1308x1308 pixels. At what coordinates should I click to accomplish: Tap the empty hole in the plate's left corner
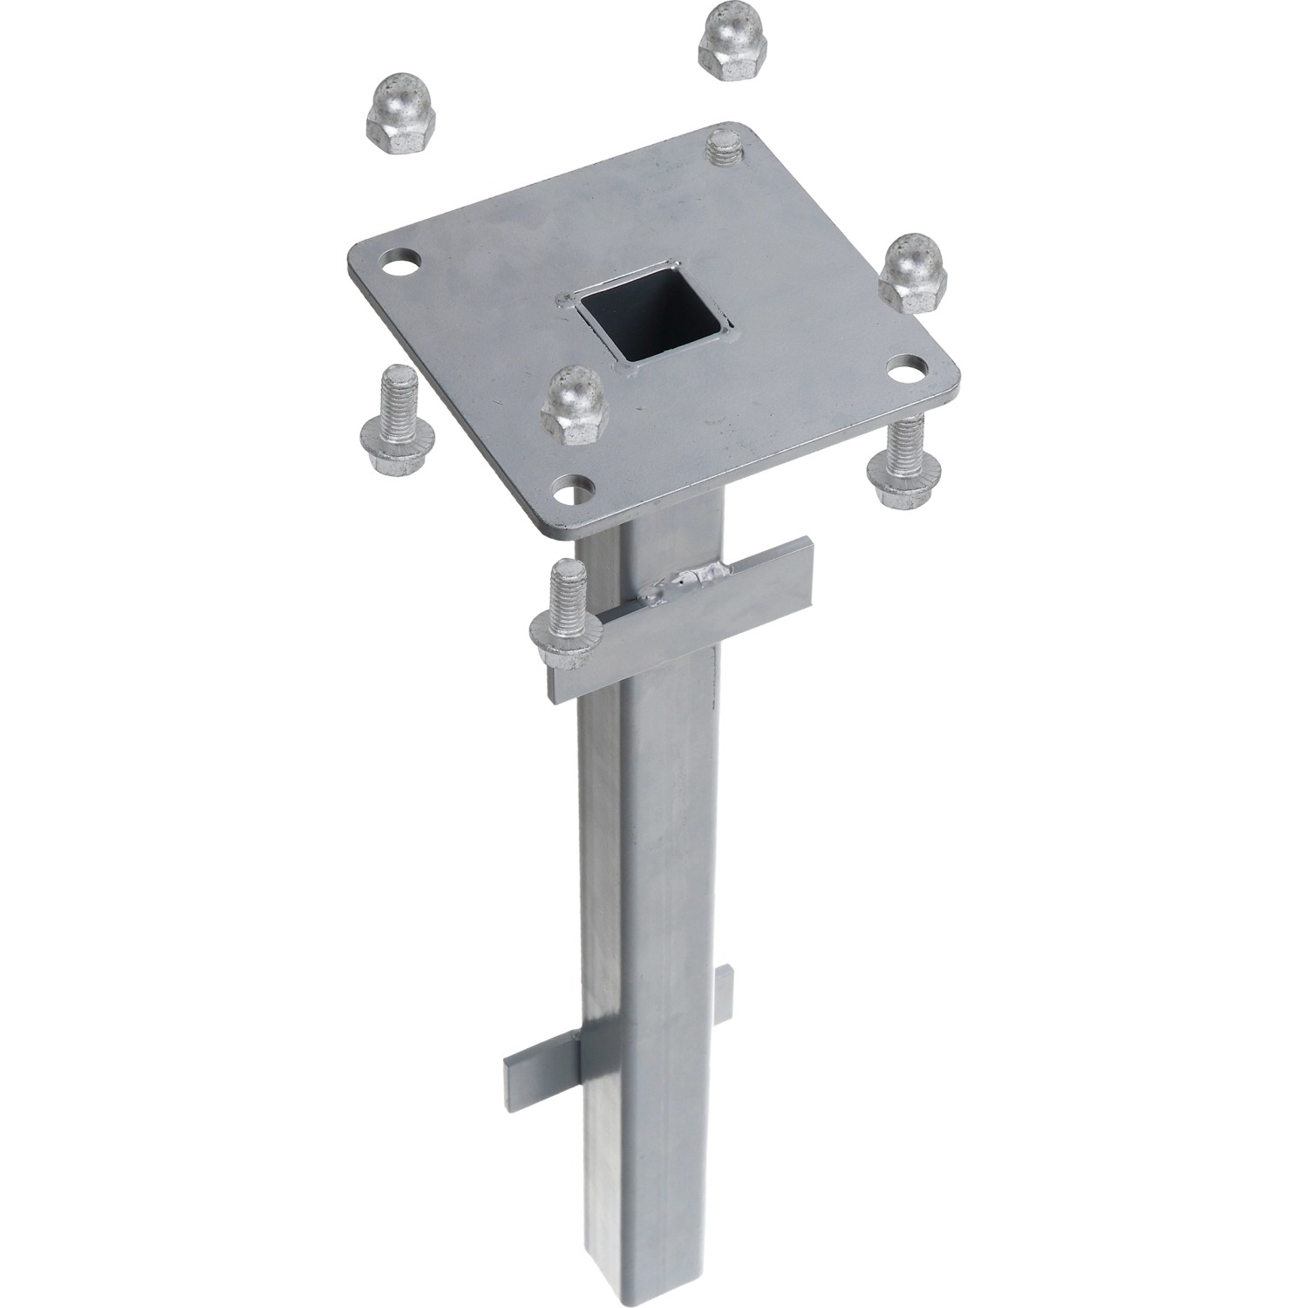399,262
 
